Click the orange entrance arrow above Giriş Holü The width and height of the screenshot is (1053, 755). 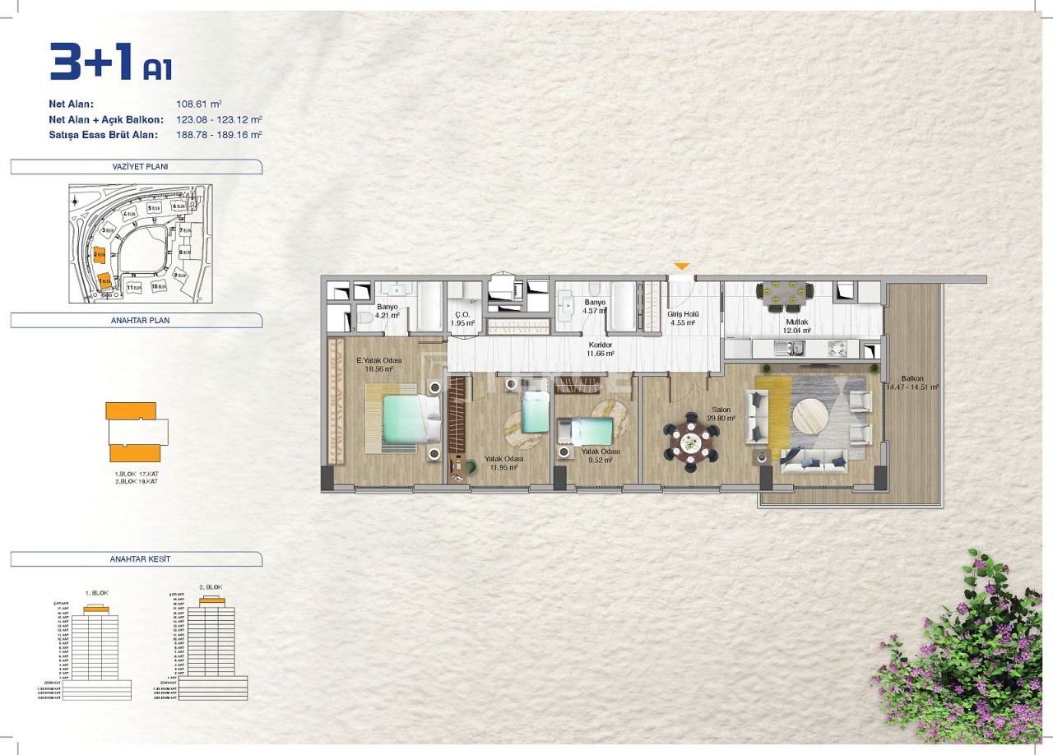[681, 266]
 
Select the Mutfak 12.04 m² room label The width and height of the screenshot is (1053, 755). [797, 327]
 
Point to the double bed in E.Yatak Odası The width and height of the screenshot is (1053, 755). [402, 419]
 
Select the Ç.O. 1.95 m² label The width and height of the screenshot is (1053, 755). [462, 318]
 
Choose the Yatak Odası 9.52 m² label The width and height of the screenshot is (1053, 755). [601, 456]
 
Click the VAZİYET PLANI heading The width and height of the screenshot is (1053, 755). [136, 167]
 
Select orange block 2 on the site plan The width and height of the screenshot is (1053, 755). [100, 255]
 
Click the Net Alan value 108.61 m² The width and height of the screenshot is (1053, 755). [199, 104]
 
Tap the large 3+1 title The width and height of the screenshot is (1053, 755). [92, 63]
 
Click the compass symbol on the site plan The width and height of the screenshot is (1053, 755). [75, 201]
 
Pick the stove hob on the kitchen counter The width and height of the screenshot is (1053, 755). [837, 348]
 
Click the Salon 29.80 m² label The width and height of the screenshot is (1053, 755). [723, 414]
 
